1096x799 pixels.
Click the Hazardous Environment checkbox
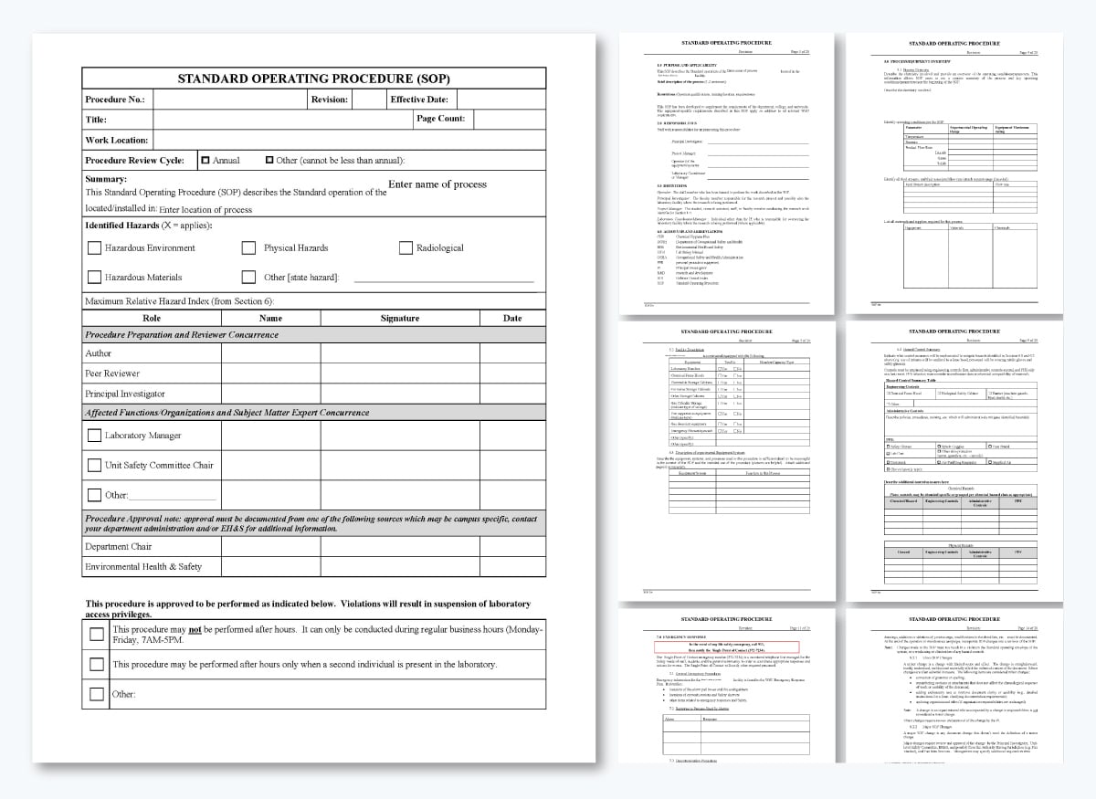(94, 247)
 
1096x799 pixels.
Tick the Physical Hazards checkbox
(248, 247)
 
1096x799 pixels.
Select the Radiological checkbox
(406, 247)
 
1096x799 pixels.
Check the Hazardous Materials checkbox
(94, 277)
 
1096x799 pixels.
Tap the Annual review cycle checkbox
(205, 160)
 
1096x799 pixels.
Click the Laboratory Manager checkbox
(94, 436)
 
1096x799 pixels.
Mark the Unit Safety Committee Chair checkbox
(94, 465)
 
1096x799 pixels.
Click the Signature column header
(399, 318)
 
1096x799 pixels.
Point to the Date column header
(512, 318)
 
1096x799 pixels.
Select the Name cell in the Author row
(270, 353)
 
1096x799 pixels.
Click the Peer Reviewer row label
(112, 373)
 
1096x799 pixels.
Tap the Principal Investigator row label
(125, 394)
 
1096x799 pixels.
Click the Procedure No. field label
(115, 100)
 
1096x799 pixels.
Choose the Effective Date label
(419, 100)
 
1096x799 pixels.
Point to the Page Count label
(441, 119)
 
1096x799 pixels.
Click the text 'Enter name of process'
(437, 184)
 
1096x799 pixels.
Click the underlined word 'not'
(195, 629)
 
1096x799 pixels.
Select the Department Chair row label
(119, 546)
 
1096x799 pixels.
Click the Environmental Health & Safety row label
(143, 566)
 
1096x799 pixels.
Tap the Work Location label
(117, 140)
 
